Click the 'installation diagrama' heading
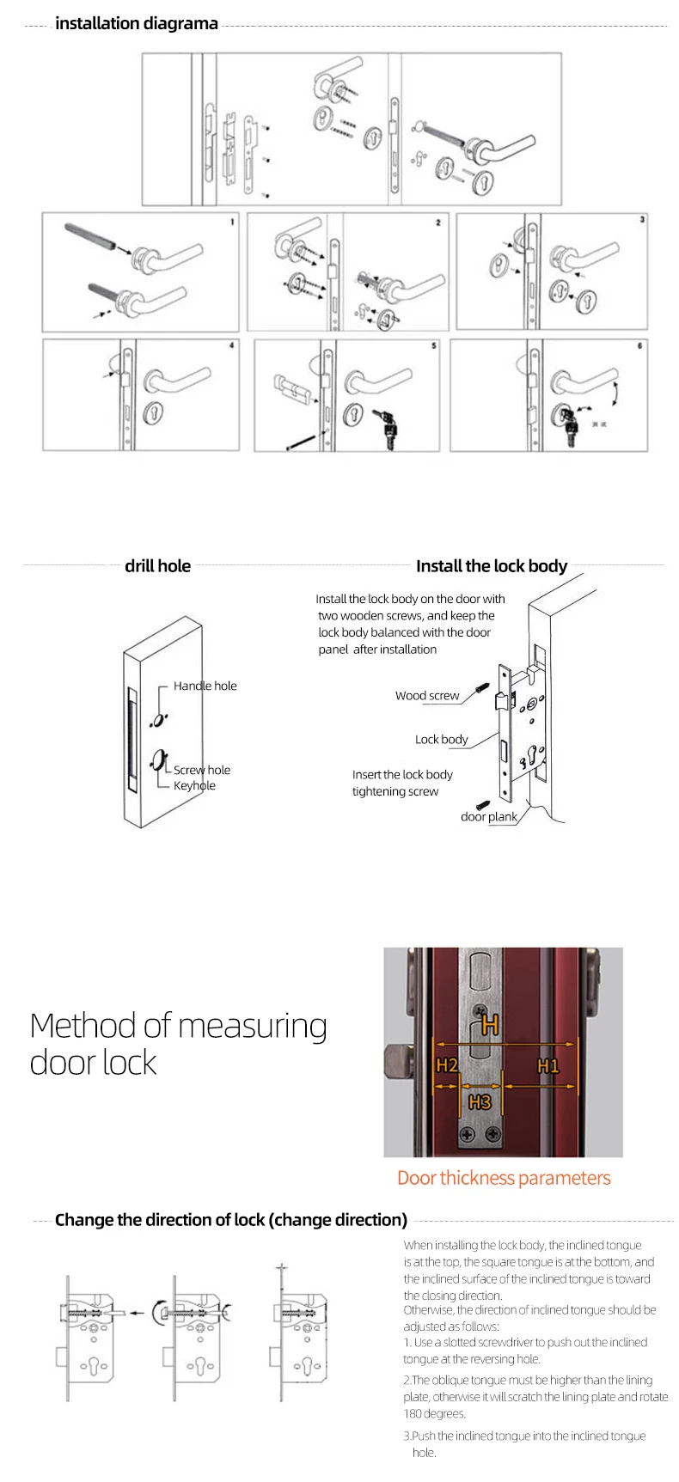click(136, 23)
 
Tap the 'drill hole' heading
click(157, 565)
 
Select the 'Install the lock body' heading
click(491, 565)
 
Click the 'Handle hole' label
click(205, 686)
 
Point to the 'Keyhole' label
click(194, 785)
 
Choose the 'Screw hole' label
click(202, 770)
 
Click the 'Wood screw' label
click(427, 696)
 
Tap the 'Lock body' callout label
click(441, 739)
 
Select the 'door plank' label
click(488, 816)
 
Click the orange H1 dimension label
click(547, 1066)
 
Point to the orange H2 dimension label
click(446, 1066)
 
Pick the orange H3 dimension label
click(480, 1102)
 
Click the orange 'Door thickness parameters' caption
click(504, 1178)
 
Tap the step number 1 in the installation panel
click(231, 222)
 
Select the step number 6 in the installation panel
click(639, 346)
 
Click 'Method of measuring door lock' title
click(178, 1044)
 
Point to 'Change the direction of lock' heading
click(230, 1220)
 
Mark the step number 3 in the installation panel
click(642, 220)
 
